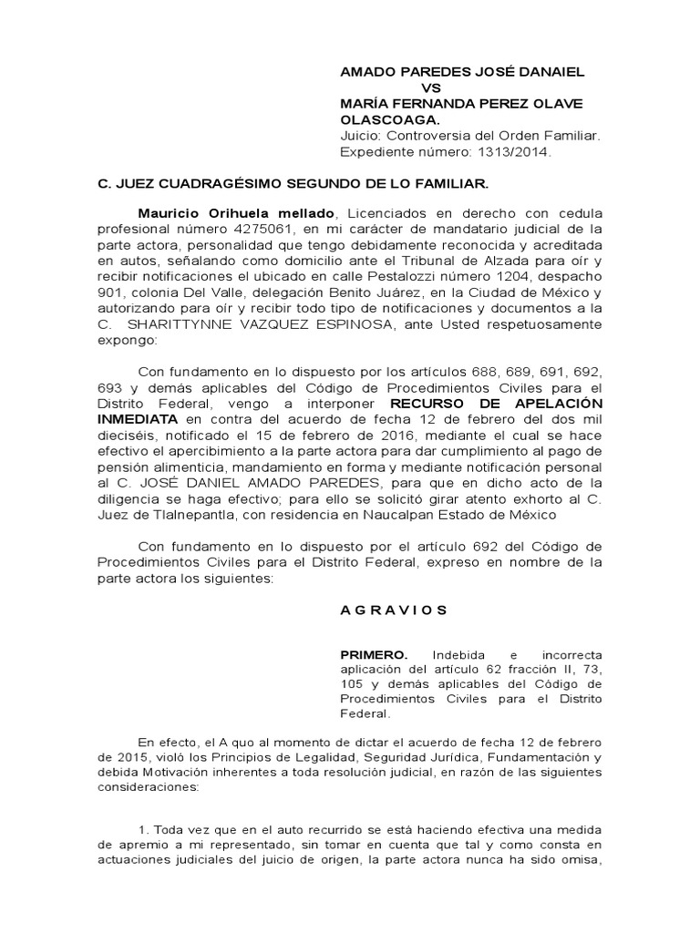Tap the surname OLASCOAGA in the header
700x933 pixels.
388,120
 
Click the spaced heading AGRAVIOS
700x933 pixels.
394,610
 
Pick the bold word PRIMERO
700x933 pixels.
369,655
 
